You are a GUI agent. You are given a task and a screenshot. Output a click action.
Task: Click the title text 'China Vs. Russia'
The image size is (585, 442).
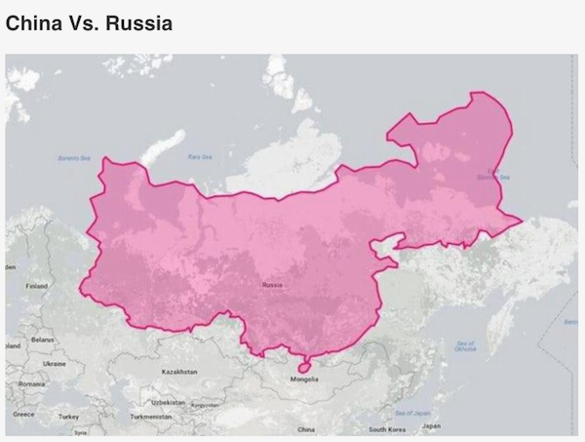click(x=89, y=21)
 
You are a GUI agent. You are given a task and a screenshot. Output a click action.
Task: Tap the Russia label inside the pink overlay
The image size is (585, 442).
click(x=272, y=284)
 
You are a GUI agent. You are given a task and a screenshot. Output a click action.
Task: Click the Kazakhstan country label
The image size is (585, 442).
click(x=179, y=372)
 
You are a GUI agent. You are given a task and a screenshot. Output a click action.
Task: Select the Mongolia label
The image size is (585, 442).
click(x=304, y=379)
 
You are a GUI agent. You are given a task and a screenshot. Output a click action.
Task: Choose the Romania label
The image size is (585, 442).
click(x=31, y=384)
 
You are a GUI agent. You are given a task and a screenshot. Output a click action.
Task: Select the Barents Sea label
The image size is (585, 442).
click(x=73, y=157)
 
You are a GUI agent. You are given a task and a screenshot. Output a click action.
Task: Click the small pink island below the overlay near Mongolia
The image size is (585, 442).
click(x=303, y=366)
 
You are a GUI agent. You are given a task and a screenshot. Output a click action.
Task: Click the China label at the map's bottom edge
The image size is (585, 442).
click(x=305, y=428)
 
